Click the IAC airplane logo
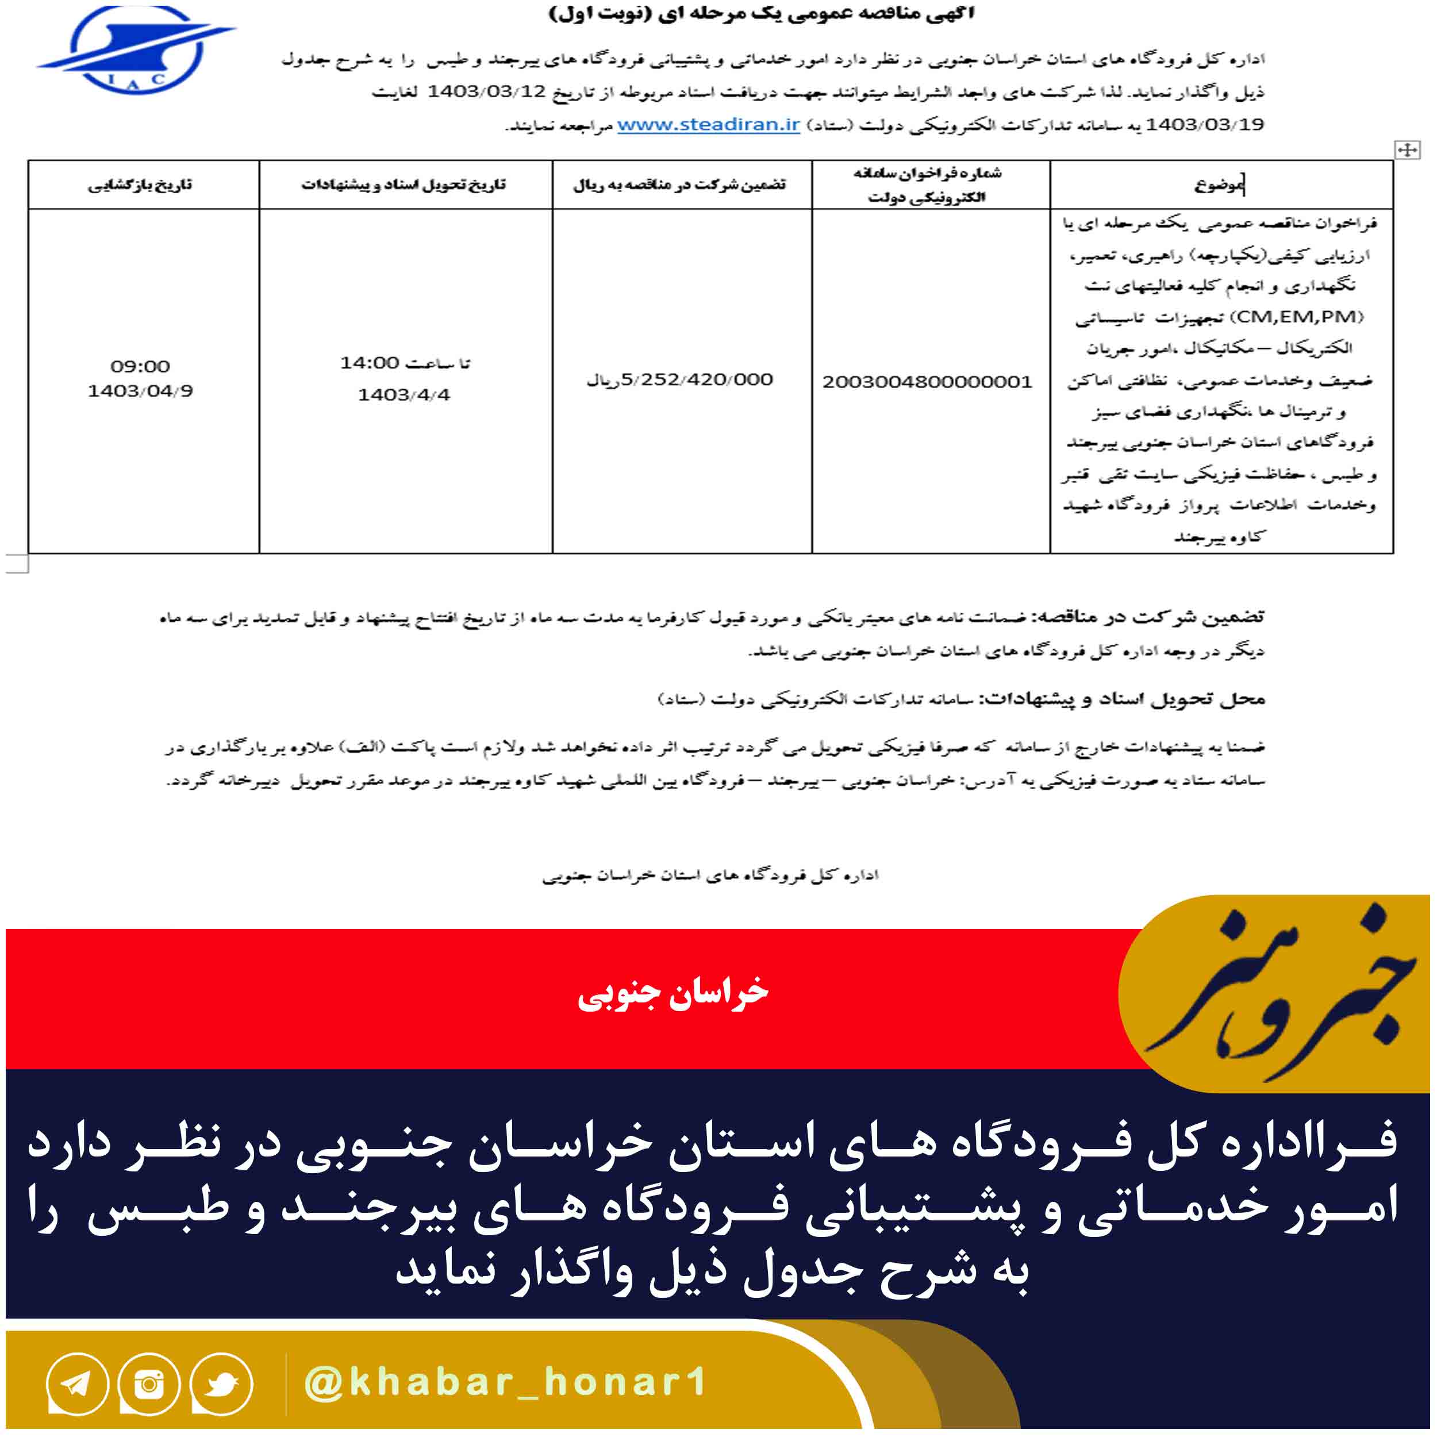pyautogui.click(x=135, y=50)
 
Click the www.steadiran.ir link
pyautogui.click(x=708, y=125)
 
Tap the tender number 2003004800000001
pyautogui.click(x=927, y=382)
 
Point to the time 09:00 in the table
pyautogui.click(x=141, y=366)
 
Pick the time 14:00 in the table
pyautogui.click(x=370, y=363)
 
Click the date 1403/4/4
pyautogui.click(x=404, y=395)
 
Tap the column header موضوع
pyautogui.click(x=1219, y=185)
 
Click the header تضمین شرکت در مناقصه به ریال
pyautogui.click(x=680, y=185)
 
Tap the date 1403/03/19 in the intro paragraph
pyautogui.click(x=1204, y=125)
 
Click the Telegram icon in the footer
pyautogui.click(x=76, y=1384)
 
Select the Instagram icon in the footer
pyautogui.click(x=149, y=1384)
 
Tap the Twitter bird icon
pyautogui.click(x=221, y=1384)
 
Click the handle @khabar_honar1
pyautogui.click(x=505, y=1382)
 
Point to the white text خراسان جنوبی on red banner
pyautogui.click(x=673, y=994)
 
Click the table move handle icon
pyautogui.click(x=1407, y=150)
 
